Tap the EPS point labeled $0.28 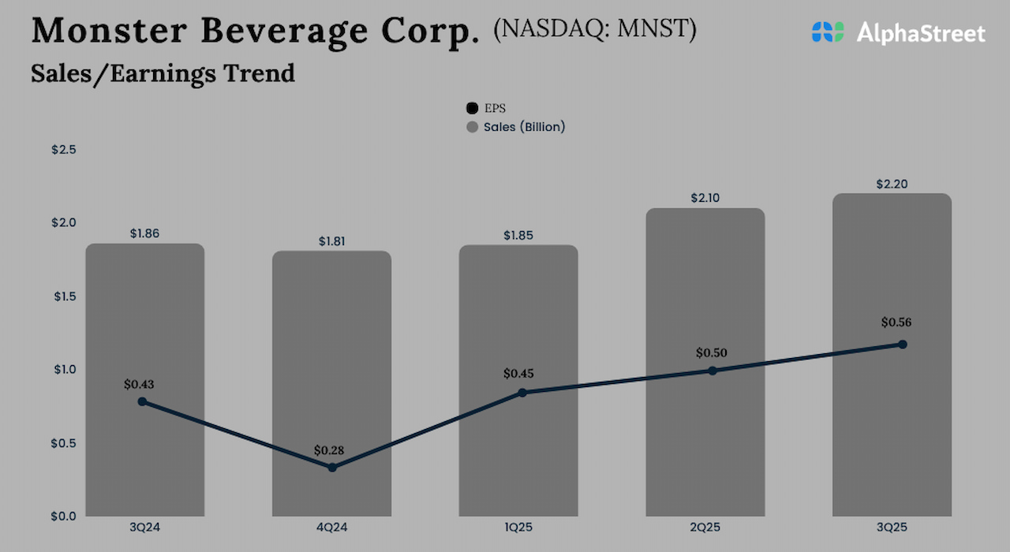[x=332, y=468]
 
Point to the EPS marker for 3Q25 [x=903, y=345]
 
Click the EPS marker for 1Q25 [x=522, y=393]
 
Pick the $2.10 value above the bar [x=705, y=198]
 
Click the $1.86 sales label [x=144, y=233]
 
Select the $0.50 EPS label [x=711, y=352]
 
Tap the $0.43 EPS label [x=139, y=384]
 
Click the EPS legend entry [x=486, y=109]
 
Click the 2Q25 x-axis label [x=705, y=528]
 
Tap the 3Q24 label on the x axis [x=144, y=528]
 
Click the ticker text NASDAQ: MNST [x=594, y=29]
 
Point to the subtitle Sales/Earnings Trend [x=163, y=73]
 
